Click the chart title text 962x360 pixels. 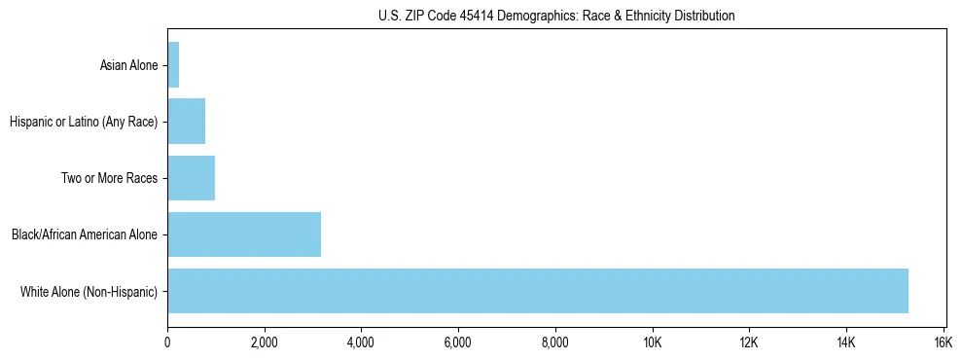556,16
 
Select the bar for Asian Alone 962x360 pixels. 173,66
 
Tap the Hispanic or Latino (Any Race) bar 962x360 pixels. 186,123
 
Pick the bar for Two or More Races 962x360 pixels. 191,178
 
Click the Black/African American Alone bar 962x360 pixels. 244,234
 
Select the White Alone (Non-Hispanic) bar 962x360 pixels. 538,291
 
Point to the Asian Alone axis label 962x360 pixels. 128,66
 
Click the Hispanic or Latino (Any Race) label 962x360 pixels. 83,123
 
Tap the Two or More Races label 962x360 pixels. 115,179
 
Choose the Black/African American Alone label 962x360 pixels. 84,234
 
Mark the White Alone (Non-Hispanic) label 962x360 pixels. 89,291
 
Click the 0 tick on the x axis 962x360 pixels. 167,342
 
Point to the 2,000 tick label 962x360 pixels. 265,342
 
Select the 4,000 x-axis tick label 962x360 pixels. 361,342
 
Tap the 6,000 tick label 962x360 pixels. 458,342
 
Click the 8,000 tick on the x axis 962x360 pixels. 555,342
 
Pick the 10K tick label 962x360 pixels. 652,342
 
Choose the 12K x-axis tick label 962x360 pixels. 749,342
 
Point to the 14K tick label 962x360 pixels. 845,342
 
